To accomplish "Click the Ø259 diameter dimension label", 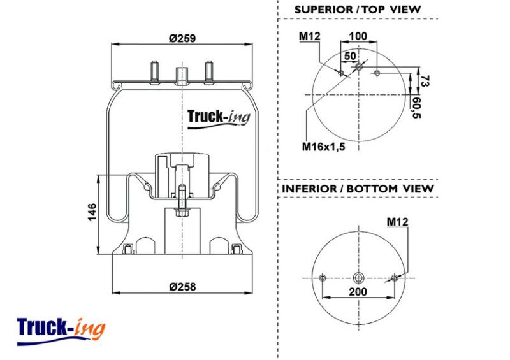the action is click(182, 38).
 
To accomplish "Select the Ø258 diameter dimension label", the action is click(182, 287).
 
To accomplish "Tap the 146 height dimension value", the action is click(92, 212).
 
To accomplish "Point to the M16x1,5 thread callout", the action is click(323, 147).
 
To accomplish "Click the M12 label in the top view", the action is click(310, 36).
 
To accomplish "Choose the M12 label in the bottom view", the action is click(397, 222).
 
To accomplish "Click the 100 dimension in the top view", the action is click(358, 36).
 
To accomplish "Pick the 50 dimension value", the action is click(350, 56).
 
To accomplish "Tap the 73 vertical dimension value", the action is click(425, 81).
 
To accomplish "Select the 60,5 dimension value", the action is click(416, 108).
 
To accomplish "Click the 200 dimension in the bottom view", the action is click(358, 292).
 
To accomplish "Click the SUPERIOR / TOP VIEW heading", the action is click(358, 10).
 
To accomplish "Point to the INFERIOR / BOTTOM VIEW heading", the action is click(358, 189).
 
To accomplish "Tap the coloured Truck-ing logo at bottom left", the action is click(61, 331).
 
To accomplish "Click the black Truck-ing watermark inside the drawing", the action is click(219, 119).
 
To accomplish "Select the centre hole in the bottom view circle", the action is click(358, 278).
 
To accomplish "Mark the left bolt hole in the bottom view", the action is click(323, 278).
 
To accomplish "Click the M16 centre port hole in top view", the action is click(358, 68).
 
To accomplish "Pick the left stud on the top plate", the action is click(154, 72).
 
